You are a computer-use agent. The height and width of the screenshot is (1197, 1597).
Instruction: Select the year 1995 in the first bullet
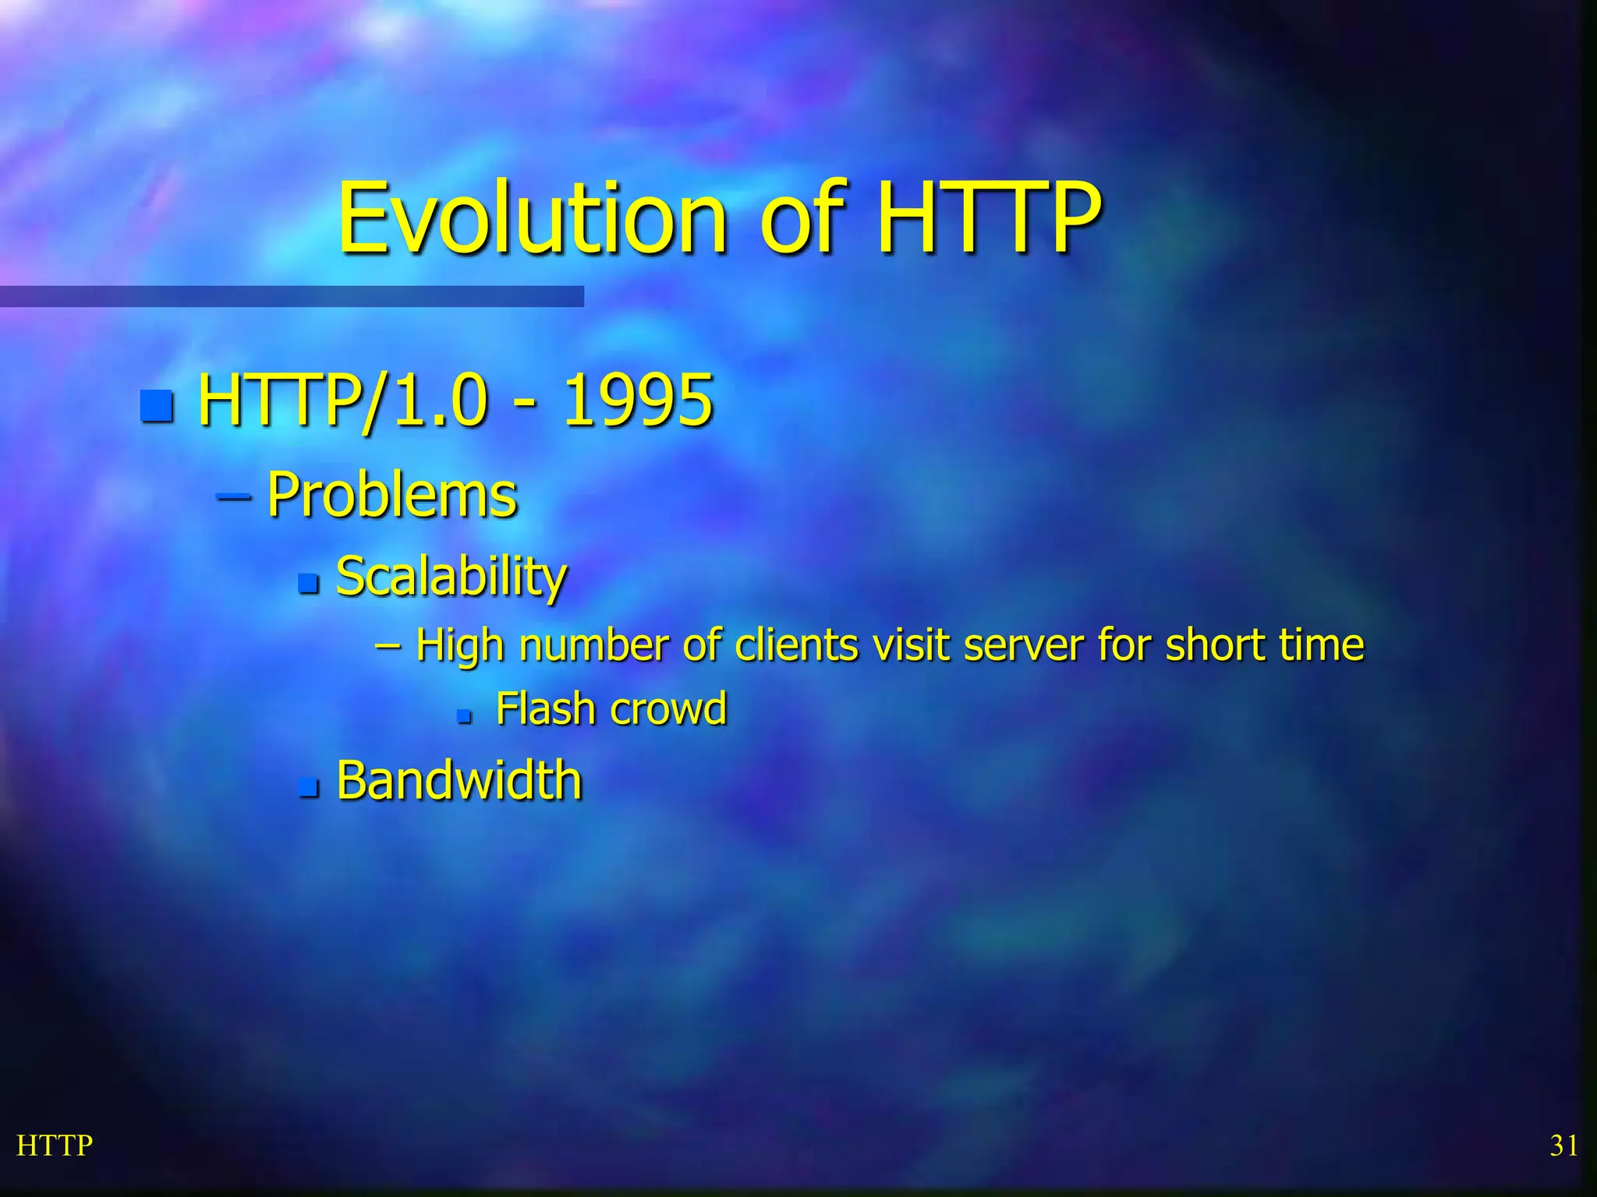(x=637, y=401)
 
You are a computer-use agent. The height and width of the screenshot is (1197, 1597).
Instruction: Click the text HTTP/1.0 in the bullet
(x=343, y=401)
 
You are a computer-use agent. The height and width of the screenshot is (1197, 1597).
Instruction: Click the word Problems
(x=391, y=495)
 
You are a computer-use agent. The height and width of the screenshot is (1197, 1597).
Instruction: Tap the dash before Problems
(x=233, y=496)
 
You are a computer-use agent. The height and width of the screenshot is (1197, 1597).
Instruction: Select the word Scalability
(x=451, y=577)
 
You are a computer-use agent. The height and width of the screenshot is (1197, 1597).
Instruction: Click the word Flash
(x=546, y=709)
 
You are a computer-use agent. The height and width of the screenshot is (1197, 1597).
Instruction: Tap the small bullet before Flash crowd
(x=465, y=715)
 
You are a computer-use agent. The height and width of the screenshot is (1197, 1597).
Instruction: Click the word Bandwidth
(x=459, y=780)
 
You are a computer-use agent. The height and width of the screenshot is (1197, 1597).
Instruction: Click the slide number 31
(x=1563, y=1146)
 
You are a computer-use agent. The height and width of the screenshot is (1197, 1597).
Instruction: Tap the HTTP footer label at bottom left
(x=55, y=1146)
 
